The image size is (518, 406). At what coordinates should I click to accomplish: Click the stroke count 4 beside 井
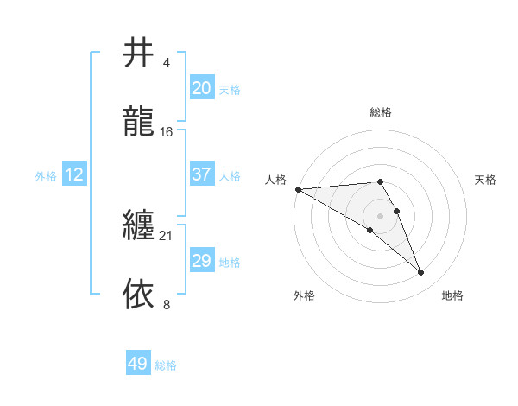(166, 64)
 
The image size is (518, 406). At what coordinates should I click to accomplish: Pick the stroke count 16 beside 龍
(167, 132)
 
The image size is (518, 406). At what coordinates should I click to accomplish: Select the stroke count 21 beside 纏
(167, 235)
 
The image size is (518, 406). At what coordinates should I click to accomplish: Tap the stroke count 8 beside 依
(166, 304)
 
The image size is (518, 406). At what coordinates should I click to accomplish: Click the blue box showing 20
(202, 88)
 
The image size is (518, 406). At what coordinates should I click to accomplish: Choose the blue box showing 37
(202, 174)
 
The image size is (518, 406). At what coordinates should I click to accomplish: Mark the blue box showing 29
(202, 261)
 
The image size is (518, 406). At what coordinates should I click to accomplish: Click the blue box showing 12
(74, 174)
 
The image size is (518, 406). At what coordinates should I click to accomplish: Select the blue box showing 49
(138, 364)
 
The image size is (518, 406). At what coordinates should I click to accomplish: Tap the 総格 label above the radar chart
(381, 112)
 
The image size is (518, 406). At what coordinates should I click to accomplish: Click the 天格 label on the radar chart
(486, 180)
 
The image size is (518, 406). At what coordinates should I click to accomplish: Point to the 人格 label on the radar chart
(275, 180)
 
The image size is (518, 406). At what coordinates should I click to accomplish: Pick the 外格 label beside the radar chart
(304, 295)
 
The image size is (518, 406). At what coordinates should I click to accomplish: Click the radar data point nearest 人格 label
(298, 189)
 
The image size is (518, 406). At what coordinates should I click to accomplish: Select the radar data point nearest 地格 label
(421, 273)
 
